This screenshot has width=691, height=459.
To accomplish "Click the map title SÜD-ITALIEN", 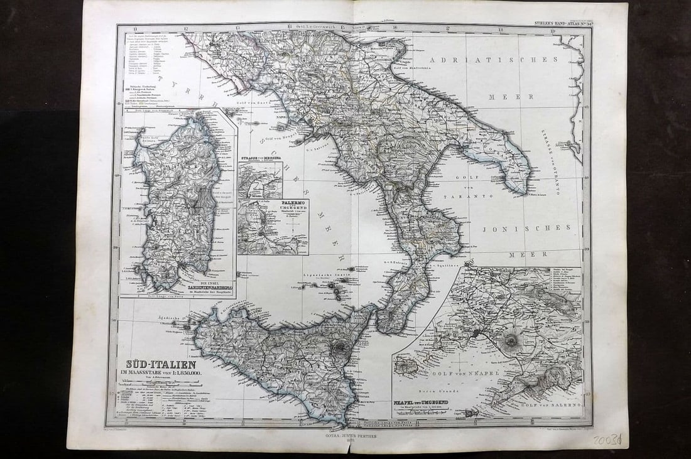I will [161, 364].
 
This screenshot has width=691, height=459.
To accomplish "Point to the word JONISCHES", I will [526, 229].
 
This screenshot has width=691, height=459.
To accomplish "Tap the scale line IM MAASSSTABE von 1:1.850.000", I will [161, 375].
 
